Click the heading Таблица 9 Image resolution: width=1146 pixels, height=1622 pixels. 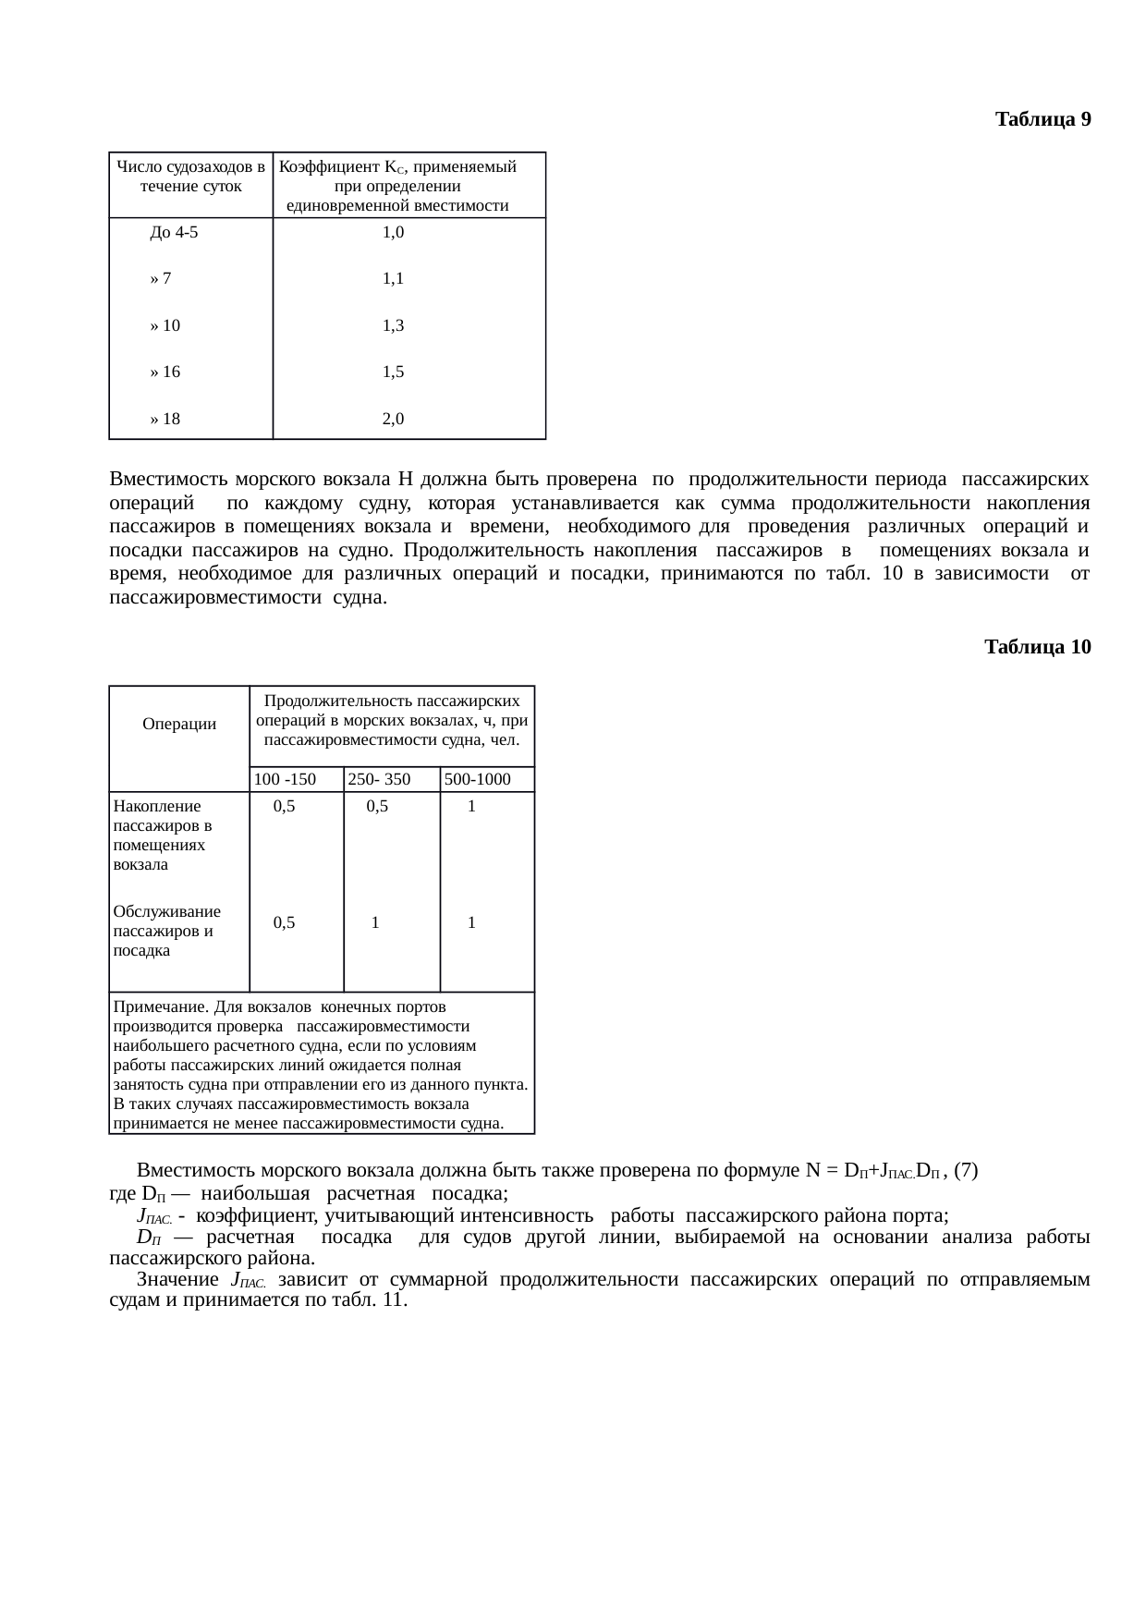point(1042,119)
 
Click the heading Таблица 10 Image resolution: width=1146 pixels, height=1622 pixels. point(1037,647)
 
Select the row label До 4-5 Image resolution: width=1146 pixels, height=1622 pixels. point(174,233)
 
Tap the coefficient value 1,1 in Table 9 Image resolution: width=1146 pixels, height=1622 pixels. point(393,278)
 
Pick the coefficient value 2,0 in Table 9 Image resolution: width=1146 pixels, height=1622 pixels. point(393,419)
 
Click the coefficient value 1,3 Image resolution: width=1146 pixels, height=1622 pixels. point(393,325)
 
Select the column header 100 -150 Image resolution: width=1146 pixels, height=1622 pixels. point(286,779)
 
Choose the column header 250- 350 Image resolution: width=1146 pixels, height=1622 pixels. point(379,779)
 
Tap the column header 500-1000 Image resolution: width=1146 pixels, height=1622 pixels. point(477,779)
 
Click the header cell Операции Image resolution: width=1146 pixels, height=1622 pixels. point(179,724)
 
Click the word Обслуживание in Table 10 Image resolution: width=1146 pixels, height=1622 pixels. point(166,911)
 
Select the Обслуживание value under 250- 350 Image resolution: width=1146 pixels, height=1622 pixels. point(375,922)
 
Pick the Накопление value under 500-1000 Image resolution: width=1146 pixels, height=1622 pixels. point(471,806)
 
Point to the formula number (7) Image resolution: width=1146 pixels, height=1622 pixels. point(966,1171)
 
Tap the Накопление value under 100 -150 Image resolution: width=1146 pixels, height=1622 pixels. point(285,806)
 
